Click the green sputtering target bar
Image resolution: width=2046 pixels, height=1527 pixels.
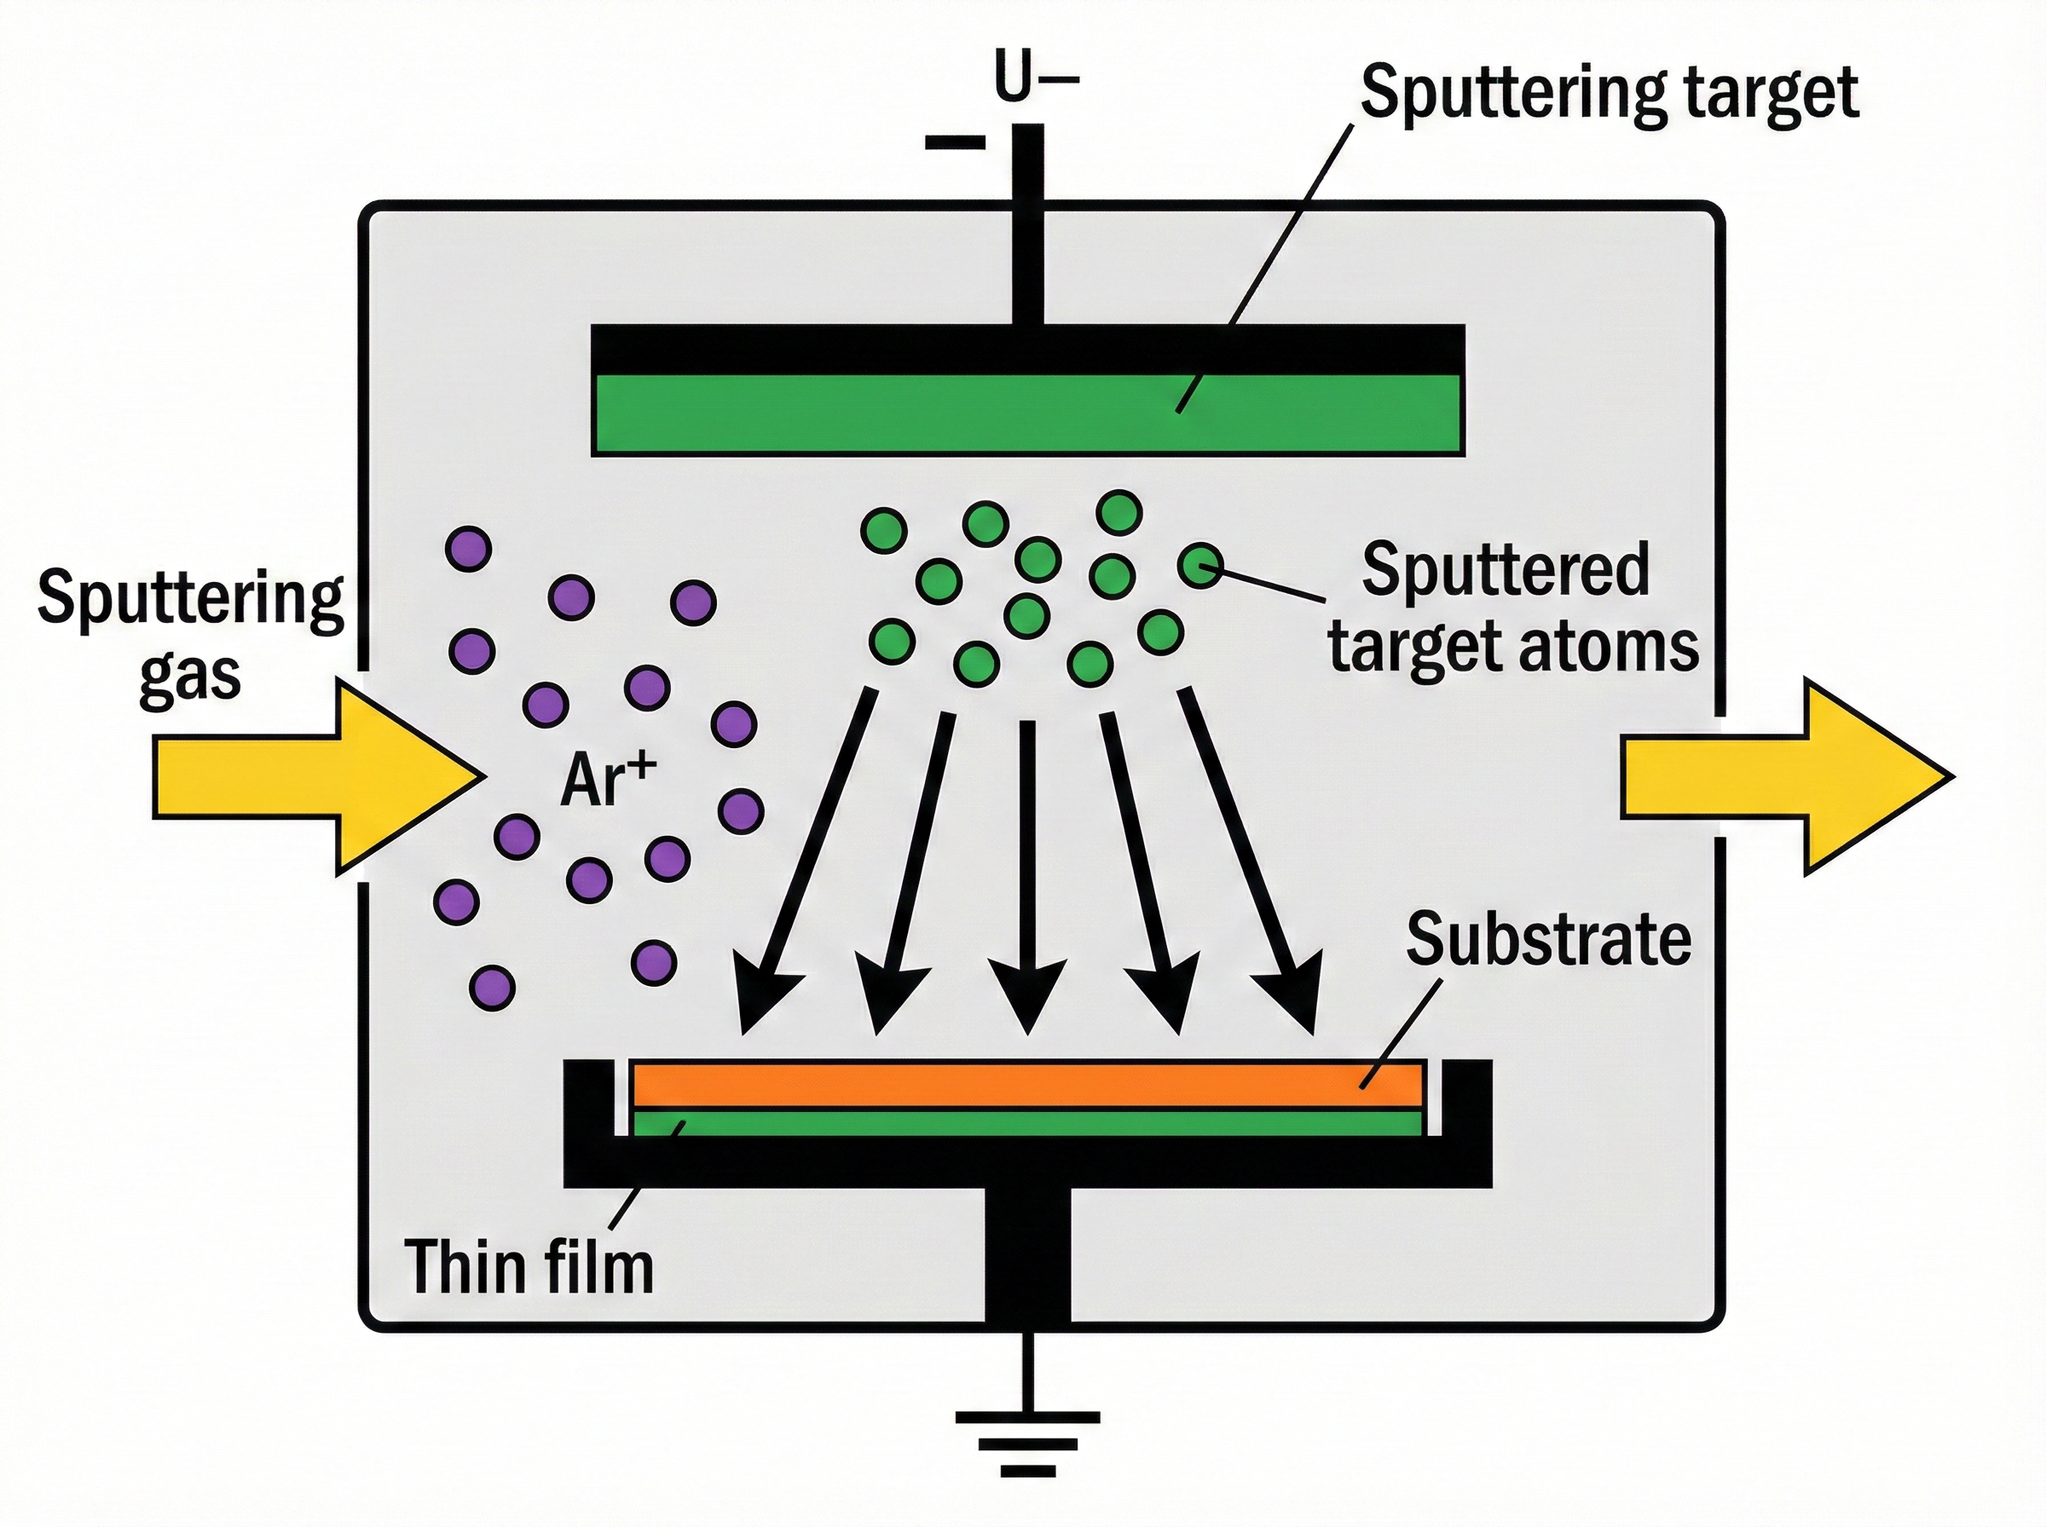1026,413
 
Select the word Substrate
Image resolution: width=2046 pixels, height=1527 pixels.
1549,939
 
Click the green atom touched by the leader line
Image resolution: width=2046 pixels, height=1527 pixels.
1201,564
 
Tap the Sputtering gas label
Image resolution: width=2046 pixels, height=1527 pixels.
189,636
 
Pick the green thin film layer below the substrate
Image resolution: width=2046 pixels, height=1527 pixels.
1026,1123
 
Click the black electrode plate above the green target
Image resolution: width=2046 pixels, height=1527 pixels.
1026,349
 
